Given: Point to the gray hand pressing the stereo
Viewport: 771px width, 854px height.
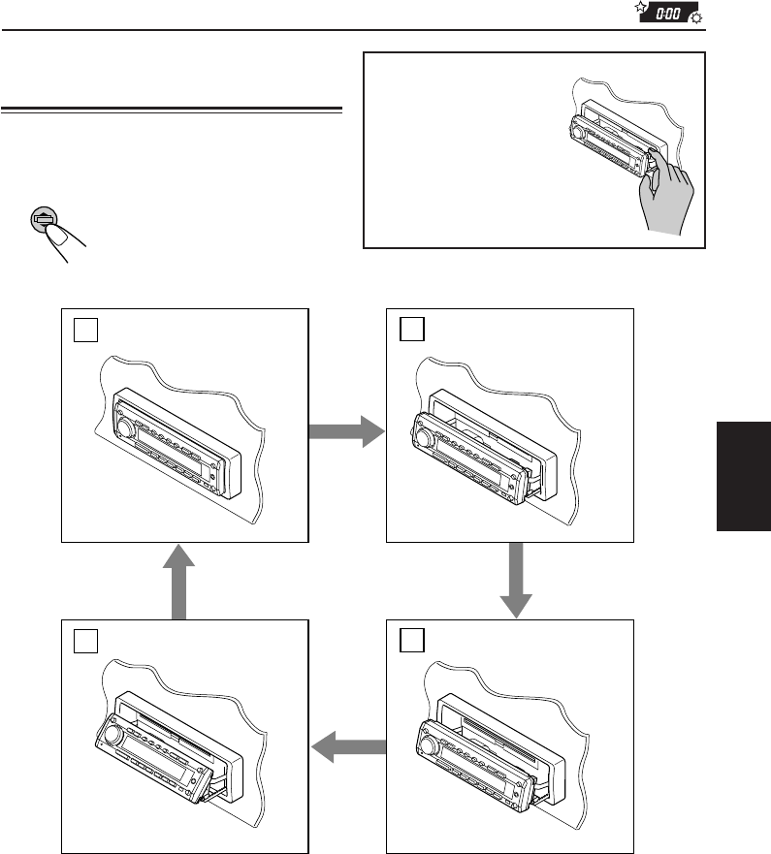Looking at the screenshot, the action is click(x=666, y=205).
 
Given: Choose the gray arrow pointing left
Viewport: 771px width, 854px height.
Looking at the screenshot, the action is click(x=346, y=746).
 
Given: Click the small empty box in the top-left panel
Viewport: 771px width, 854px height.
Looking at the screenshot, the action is click(x=83, y=331).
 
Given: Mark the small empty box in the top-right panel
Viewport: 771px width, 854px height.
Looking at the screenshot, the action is click(x=408, y=331).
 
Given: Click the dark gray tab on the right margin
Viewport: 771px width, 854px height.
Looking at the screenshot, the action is click(x=743, y=475).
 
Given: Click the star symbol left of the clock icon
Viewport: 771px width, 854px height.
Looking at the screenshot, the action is click(x=640, y=10).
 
